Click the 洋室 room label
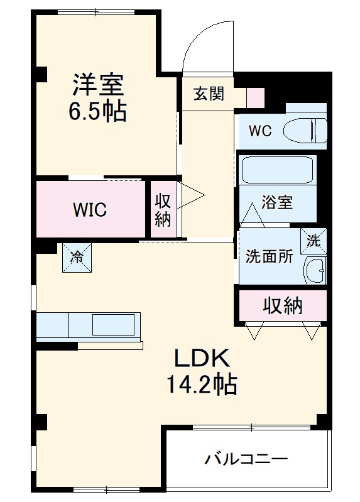tap(98, 84)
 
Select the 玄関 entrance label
tap(208, 94)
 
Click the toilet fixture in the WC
tap(305, 131)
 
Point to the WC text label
tap(260, 131)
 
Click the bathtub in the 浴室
tap(278, 170)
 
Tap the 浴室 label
tap(277, 204)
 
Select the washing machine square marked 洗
tap(314, 239)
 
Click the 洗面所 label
tap(268, 257)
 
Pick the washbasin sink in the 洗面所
tap(314, 270)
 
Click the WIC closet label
tap(89, 210)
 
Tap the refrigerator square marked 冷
tap(75, 257)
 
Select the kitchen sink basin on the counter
tap(113, 325)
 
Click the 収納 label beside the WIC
tap(163, 210)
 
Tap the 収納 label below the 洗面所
tap(282, 306)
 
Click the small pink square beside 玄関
tap(256, 97)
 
